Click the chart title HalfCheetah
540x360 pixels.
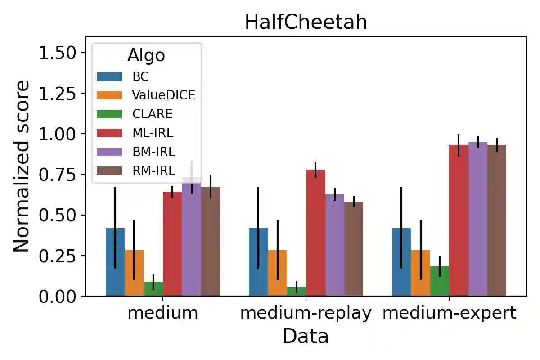click(x=306, y=22)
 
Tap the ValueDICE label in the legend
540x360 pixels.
click(x=163, y=94)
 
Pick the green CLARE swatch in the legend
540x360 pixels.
click(x=109, y=113)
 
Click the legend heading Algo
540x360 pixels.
click(x=146, y=55)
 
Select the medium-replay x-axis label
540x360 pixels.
click(x=306, y=313)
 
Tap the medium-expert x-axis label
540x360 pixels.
click(x=449, y=313)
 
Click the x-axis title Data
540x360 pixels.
click(x=306, y=336)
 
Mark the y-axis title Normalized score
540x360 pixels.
click(x=21, y=166)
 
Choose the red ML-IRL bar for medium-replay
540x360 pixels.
click(x=315, y=234)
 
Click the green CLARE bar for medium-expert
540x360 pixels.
click(x=440, y=281)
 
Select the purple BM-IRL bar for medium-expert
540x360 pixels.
click(x=477, y=220)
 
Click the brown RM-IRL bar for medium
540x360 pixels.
click(x=210, y=243)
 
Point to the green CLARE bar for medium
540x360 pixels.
click(x=153, y=289)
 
